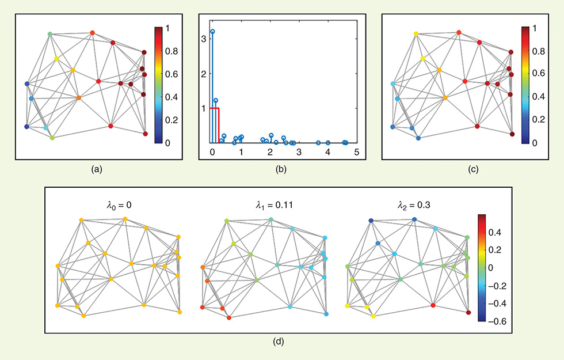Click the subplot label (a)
(97, 169)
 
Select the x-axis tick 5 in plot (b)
(357, 151)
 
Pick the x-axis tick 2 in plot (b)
(270, 151)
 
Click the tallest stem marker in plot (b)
(212, 32)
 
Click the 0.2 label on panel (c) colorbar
(539, 120)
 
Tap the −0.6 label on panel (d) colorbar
(496, 321)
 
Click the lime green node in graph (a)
(52, 138)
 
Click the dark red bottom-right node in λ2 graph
(468, 313)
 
